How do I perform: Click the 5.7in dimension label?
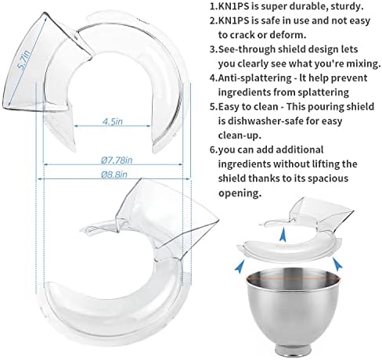[x=24, y=60]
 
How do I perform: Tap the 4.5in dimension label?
[x=113, y=121]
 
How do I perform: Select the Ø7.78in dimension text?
[x=117, y=160]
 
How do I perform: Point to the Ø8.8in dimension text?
[x=114, y=175]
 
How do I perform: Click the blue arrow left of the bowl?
[x=240, y=266]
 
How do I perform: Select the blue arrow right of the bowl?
[x=337, y=264]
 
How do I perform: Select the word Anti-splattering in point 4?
[x=255, y=78]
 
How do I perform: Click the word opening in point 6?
[x=240, y=193]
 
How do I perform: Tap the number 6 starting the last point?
[x=213, y=149]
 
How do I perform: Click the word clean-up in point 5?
[x=240, y=135]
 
